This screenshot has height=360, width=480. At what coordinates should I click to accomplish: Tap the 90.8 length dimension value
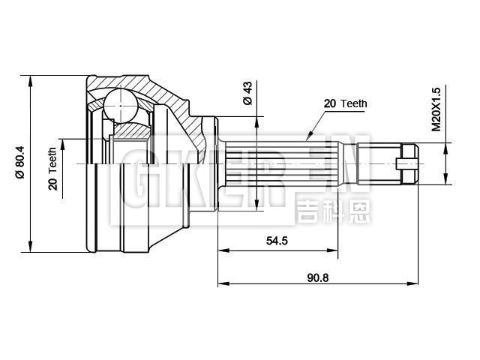(x=319, y=277)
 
